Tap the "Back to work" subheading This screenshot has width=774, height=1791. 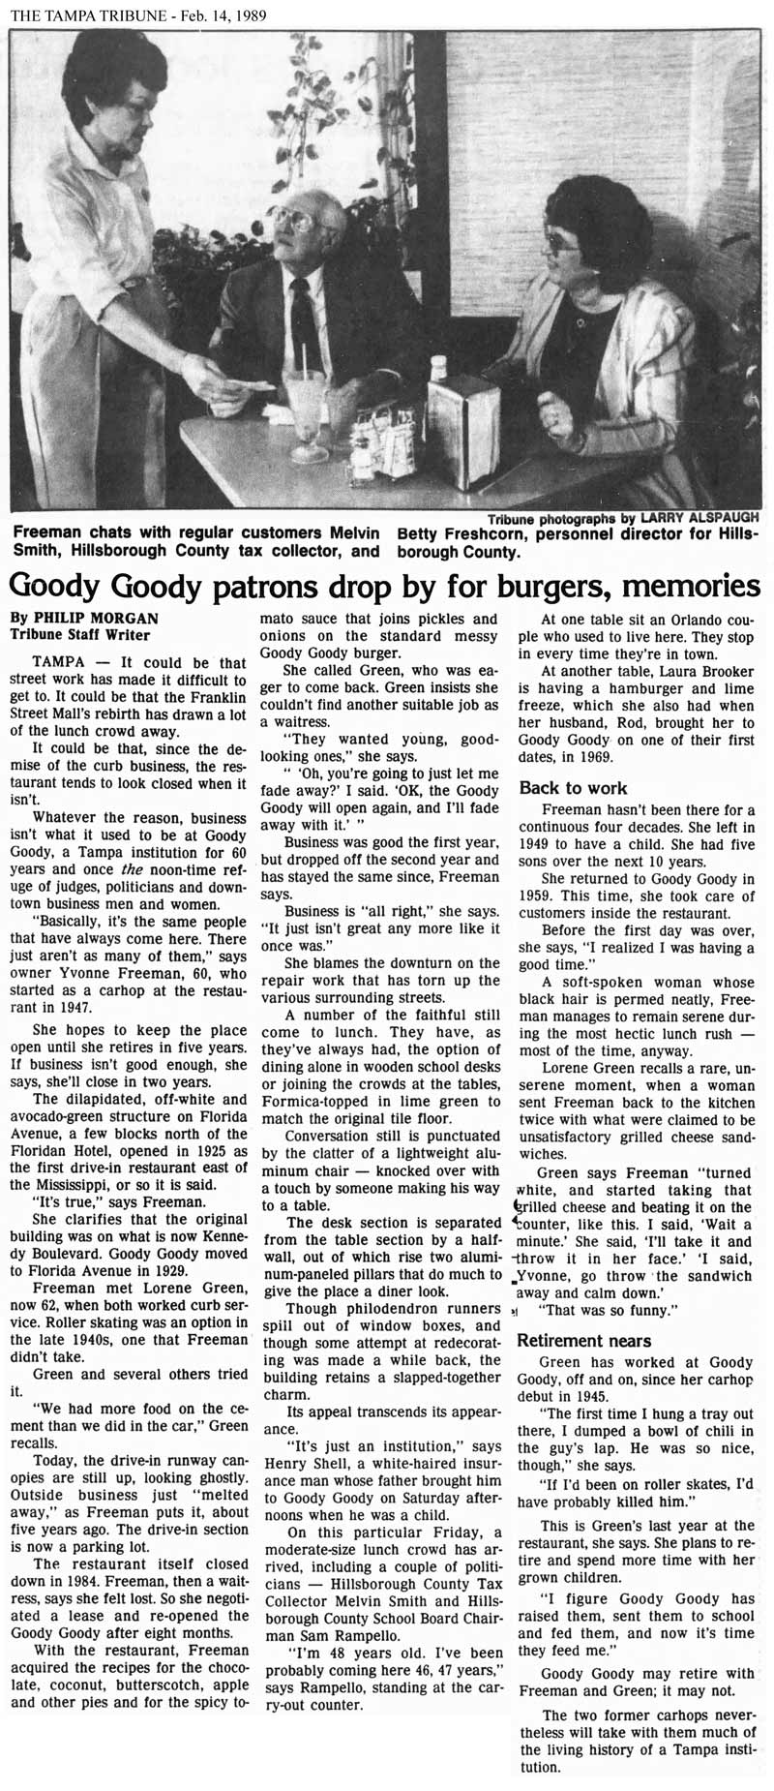click(x=573, y=788)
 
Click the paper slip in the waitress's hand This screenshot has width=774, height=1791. click(x=254, y=385)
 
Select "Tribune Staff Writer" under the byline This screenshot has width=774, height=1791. click(x=79, y=635)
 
